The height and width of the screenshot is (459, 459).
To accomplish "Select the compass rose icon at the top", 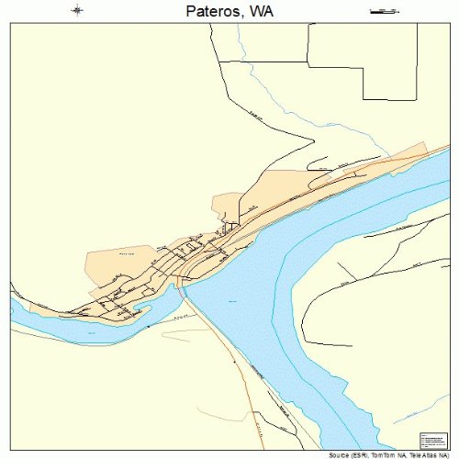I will tap(77, 11).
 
